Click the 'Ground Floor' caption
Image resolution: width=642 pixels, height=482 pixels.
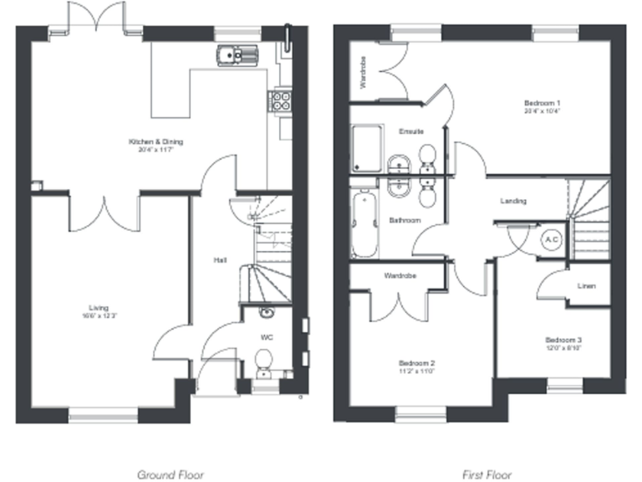pyautogui.click(x=170, y=474)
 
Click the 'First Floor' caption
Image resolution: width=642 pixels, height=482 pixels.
pyautogui.click(x=487, y=474)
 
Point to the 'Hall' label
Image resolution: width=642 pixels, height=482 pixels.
pyautogui.click(x=220, y=261)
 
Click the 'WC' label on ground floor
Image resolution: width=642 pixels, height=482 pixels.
pyautogui.click(x=267, y=337)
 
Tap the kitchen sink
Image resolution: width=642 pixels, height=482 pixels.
pyautogui.click(x=237, y=56)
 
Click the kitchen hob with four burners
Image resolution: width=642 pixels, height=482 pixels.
pyautogui.click(x=278, y=101)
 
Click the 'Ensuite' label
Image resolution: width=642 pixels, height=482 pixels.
pyautogui.click(x=410, y=131)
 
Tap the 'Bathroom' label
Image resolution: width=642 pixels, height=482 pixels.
pyautogui.click(x=405, y=221)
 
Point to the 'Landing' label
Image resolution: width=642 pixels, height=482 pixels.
pyautogui.click(x=512, y=202)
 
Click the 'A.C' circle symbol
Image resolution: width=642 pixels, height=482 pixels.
pyautogui.click(x=552, y=240)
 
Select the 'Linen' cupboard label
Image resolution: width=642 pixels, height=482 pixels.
pyautogui.click(x=586, y=286)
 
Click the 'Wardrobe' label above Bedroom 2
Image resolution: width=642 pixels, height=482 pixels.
pyautogui.click(x=400, y=275)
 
